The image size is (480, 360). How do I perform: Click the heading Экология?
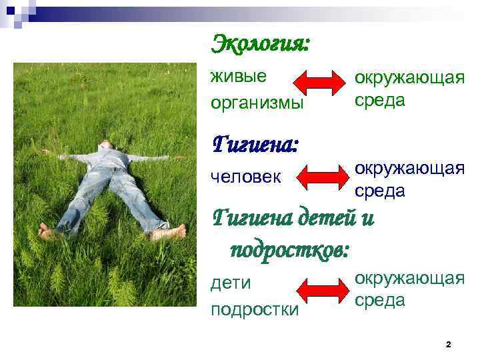261,45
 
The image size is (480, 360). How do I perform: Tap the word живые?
238,76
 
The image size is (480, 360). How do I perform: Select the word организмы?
257,103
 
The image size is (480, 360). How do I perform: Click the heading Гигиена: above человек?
254,143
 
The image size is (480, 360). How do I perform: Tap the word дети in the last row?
231,283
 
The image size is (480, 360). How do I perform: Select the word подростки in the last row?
255,310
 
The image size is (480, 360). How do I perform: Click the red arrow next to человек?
323,178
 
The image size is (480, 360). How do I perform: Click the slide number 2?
448,344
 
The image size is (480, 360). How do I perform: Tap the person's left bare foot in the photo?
46,232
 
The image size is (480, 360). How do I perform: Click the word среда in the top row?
380,100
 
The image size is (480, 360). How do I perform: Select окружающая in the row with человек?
409,168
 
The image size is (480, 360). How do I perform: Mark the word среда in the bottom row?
380,300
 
